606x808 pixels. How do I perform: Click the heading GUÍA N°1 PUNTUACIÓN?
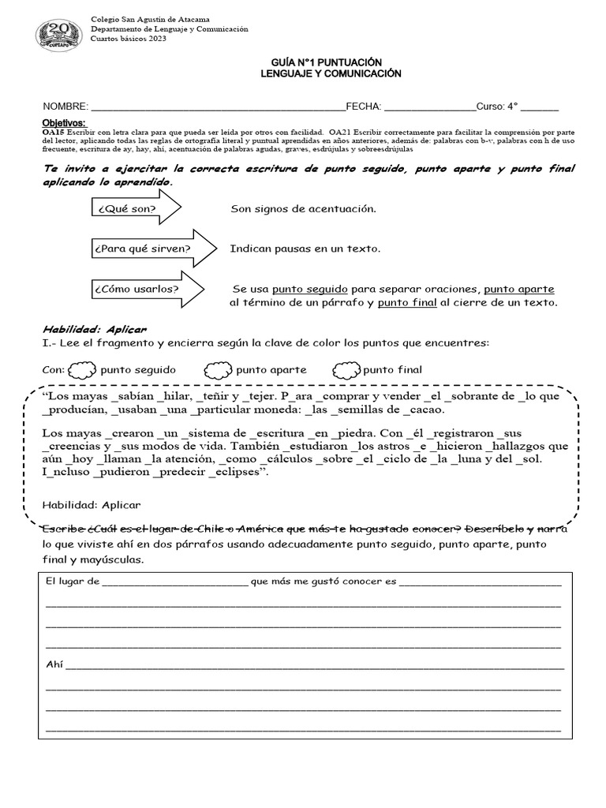pos(331,62)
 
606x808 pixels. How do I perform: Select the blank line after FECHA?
pos(429,107)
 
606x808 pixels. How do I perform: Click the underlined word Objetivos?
pos(63,122)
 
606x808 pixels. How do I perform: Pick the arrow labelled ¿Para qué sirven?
pos(154,249)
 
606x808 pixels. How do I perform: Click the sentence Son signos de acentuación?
pos(303,209)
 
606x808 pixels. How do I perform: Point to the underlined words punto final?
pos(407,302)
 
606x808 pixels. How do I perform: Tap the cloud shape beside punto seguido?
pos(81,369)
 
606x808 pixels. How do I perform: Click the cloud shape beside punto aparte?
pos(218,369)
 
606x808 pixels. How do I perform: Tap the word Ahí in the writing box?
pos(54,664)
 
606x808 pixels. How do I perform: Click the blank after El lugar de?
pos(174,582)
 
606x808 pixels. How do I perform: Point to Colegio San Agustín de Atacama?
pos(155,18)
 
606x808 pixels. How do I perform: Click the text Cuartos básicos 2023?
pos(129,39)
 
